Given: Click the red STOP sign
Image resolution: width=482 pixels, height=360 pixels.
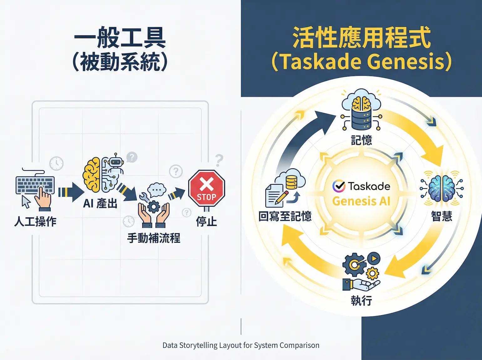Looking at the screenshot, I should [207, 188].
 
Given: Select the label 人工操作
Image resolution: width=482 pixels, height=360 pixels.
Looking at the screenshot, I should [35, 222].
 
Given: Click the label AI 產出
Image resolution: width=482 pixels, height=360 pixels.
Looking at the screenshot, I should [100, 204].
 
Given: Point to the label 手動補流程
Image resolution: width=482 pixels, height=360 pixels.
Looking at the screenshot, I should [154, 238].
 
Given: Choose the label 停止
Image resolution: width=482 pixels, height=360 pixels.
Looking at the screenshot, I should [206, 222].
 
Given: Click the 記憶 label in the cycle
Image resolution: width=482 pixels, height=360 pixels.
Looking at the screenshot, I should [361, 140].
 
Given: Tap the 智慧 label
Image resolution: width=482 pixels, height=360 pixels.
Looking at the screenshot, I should [442, 216].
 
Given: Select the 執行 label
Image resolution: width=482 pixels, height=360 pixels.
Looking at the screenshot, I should [361, 301].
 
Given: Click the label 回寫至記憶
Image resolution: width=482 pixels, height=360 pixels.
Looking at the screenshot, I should [285, 216].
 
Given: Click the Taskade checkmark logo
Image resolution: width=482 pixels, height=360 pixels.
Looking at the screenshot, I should [339, 186].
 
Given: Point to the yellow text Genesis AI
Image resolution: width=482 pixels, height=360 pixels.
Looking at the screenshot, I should [361, 201].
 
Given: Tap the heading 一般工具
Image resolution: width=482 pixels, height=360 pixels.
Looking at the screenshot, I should [120, 38].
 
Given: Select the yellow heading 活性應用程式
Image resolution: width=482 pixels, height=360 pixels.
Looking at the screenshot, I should [361, 38].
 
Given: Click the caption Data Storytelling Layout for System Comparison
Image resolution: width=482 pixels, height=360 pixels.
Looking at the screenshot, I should [241, 345].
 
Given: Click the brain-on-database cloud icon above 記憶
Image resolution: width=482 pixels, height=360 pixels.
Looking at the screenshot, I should [361, 110].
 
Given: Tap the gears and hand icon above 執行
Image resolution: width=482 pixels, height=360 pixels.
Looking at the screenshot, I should [361, 271].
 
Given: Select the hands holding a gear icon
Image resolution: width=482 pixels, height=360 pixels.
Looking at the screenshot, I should [154, 213].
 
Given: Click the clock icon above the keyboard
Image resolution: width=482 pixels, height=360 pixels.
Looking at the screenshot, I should [57, 163].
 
